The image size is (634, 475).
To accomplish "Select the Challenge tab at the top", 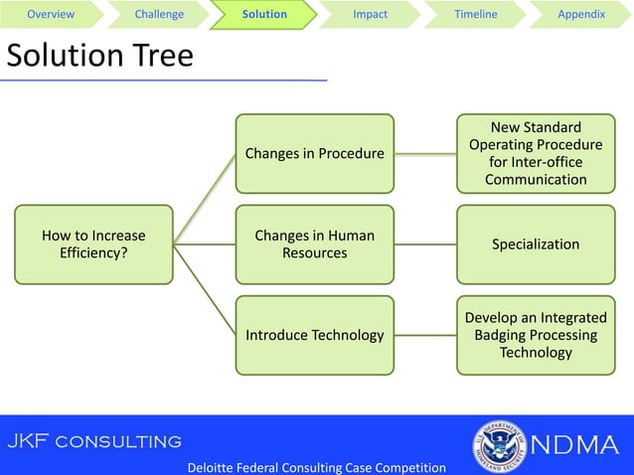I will pyautogui.click(x=159, y=14).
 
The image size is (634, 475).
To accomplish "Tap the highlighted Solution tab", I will pyautogui.click(x=264, y=14).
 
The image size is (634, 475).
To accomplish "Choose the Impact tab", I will pyautogui.click(x=371, y=14).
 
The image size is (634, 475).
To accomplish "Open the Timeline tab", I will pyautogui.click(x=475, y=14).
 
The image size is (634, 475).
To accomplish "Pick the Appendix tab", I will pyautogui.click(x=581, y=14).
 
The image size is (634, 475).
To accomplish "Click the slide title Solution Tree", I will pyautogui.click(x=99, y=56).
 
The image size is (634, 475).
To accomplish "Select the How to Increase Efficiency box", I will pyautogui.click(x=93, y=244).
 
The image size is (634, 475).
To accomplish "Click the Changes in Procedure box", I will pyautogui.click(x=314, y=154).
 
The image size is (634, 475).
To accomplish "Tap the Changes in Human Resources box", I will pyautogui.click(x=314, y=244).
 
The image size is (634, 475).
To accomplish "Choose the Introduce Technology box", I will pyautogui.click(x=314, y=335).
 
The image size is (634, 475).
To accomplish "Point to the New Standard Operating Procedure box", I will pyautogui.click(x=536, y=154).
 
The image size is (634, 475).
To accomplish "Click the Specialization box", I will pyautogui.click(x=536, y=244).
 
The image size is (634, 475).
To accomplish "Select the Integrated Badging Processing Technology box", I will pyautogui.click(x=536, y=335).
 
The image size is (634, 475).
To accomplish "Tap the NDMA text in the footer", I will pyautogui.click(x=575, y=444).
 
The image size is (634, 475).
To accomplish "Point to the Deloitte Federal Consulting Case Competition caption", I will pyautogui.click(x=316, y=467).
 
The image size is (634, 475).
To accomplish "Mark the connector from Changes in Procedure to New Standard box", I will pyautogui.click(x=425, y=154).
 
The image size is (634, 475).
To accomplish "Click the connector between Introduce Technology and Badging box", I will pyautogui.click(x=425, y=335).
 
